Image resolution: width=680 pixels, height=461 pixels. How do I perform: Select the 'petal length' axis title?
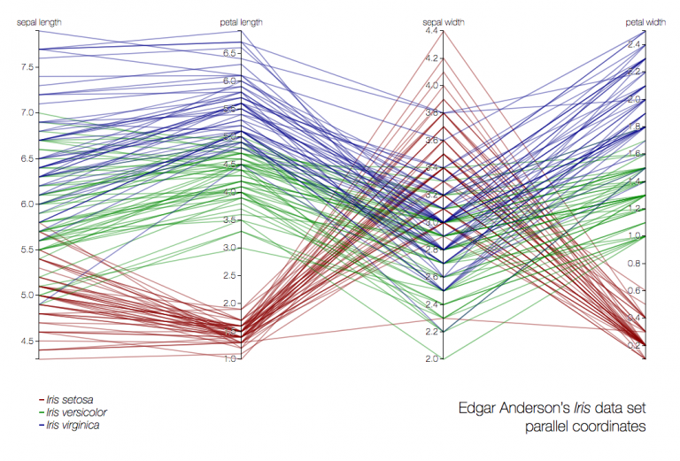click(240, 21)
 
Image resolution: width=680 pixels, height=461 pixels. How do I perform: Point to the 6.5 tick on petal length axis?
click(228, 53)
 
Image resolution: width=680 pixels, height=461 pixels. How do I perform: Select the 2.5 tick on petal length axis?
click(228, 275)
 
